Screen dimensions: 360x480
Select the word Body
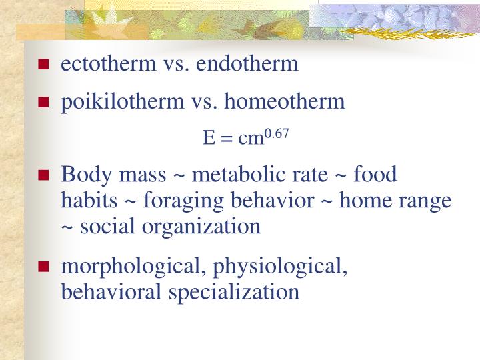coord(82,175)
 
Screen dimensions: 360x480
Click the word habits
coord(83,200)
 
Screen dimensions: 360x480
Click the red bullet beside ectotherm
coord(44,65)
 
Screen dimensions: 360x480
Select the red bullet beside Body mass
coord(44,176)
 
